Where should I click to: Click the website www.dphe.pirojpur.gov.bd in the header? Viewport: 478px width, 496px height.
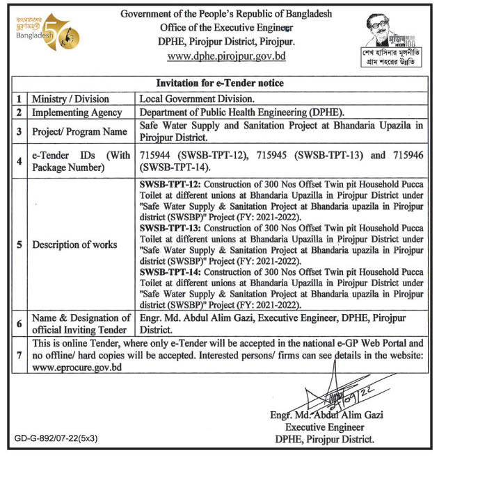tap(227, 56)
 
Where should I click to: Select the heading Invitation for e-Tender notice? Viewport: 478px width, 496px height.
tap(219, 83)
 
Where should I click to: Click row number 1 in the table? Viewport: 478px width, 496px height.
tap(19, 99)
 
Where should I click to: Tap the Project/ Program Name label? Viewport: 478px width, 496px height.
tap(79, 131)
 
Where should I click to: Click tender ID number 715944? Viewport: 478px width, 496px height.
tap(161, 156)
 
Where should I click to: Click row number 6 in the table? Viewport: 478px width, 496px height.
tap(19, 324)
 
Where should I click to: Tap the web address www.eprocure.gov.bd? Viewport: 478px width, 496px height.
tap(77, 367)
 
